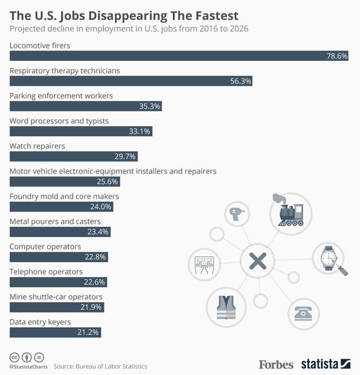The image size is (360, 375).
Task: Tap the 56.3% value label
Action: coord(241,81)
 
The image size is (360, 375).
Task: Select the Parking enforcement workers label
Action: coord(61,96)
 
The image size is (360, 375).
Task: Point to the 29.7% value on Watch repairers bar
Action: coord(126,157)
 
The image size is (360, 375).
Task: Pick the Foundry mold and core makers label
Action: coord(64,196)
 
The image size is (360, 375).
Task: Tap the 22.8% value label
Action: coord(96,257)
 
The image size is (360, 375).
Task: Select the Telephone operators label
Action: coord(46,271)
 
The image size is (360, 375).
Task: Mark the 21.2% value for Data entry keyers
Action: coord(88,332)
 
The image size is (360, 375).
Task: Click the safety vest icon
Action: coord(227,307)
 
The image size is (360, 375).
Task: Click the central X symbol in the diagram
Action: coord(258,261)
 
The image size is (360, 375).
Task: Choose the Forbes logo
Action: coord(276,364)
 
